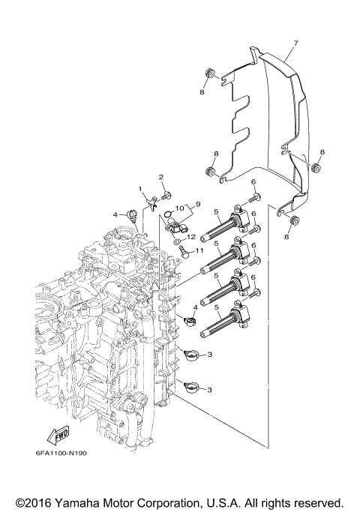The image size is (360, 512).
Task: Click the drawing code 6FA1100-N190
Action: point(61,454)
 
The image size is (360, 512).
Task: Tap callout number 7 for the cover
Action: point(296,43)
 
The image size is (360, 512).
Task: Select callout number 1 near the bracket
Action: point(140,189)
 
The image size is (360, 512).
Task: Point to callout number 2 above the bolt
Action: point(161,177)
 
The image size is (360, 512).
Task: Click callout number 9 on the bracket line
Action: point(198,205)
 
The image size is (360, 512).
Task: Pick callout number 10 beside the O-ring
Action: point(180,208)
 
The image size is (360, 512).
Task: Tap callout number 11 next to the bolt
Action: point(199,250)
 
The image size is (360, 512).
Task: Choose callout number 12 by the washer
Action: point(191,236)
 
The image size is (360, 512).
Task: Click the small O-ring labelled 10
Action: point(167,214)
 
